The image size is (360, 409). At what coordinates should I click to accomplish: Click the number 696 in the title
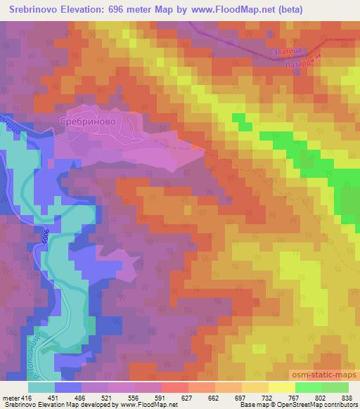119,11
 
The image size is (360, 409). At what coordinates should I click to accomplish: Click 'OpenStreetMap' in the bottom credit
285,405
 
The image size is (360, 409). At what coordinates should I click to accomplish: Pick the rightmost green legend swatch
335,387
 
